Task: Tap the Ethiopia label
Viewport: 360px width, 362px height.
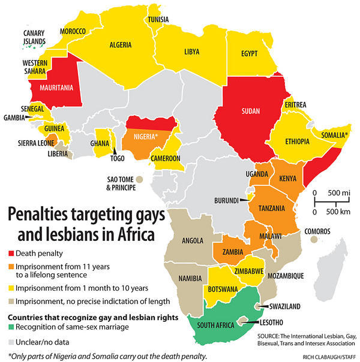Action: coord(294,141)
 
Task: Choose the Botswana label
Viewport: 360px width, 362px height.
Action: coord(221,289)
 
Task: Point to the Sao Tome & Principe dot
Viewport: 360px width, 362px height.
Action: coord(139,179)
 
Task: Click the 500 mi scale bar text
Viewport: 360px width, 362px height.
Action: coord(332,192)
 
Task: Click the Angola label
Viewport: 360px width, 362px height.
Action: coord(193,241)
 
